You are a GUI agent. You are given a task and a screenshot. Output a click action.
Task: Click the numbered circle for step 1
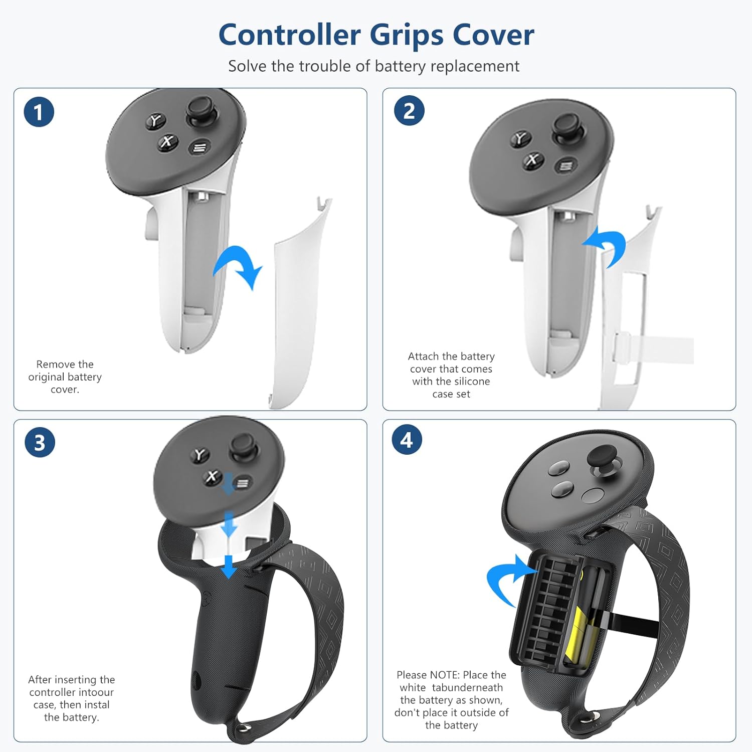pyautogui.click(x=39, y=112)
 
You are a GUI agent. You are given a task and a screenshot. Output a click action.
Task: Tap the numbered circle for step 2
pyautogui.click(x=409, y=110)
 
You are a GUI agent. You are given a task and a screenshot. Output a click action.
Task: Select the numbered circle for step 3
pyautogui.click(x=40, y=442)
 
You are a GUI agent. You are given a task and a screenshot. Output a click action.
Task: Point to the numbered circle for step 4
pyautogui.click(x=407, y=440)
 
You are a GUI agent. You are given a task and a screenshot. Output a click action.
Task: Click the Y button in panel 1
pyautogui.click(x=155, y=121)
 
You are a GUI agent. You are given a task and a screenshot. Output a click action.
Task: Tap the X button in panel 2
pyautogui.click(x=533, y=160)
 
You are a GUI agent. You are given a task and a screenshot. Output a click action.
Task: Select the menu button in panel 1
pyautogui.click(x=200, y=147)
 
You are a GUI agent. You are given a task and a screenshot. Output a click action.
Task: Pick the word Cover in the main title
pyautogui.click(x=493, y=35)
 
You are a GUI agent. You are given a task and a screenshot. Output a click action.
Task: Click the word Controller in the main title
pyautogui.click(x=290, y=35)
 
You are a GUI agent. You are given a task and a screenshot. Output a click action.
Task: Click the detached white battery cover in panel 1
pyautogui.click(x=299, y=301)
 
